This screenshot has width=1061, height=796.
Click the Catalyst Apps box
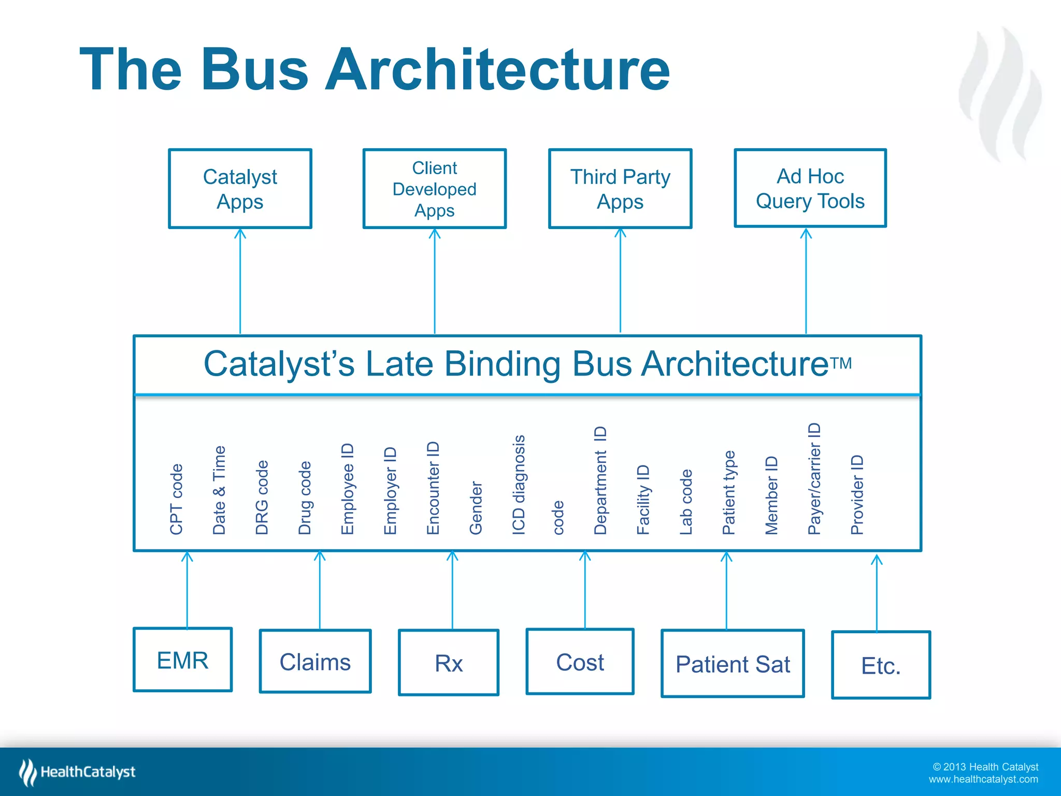point(240,189)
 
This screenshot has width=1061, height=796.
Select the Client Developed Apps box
point(434,189)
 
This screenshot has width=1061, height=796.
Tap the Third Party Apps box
point(620,189)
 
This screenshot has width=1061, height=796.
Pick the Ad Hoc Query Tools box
point(810,188)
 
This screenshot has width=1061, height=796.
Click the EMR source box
point(182,660)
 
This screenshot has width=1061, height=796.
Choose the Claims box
point(315,661)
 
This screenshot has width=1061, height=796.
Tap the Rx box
point(449,663)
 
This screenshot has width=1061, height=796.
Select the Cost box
point(580,662)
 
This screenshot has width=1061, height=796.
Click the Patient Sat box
point(733,664)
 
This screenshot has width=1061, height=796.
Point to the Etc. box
point(881,665)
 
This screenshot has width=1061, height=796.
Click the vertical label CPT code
point(177,499)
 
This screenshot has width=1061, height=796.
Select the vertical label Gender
point(476,507)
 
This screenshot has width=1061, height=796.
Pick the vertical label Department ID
point(600,480)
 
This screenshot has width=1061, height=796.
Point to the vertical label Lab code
point(686,502)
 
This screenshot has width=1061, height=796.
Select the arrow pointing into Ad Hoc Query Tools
point(806,280)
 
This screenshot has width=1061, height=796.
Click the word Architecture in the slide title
point(497,69)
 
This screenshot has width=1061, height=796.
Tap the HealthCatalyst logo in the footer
point(78,772)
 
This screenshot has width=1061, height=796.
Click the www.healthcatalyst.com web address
point(983,779)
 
